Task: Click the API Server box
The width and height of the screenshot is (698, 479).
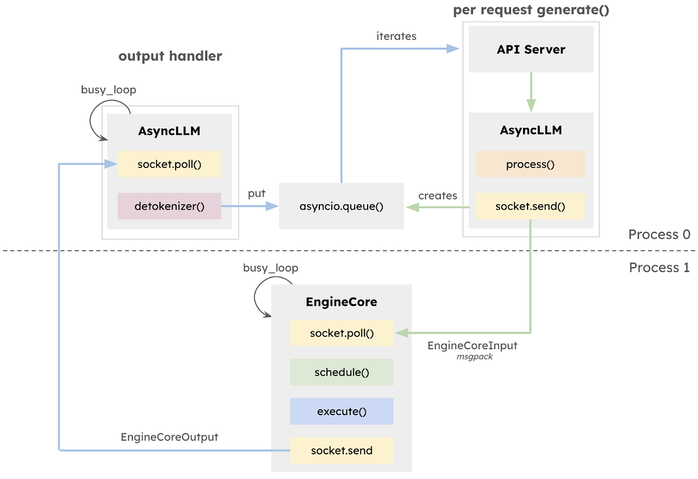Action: (x=530, y=49)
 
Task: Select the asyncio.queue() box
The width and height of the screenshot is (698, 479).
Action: (x=341, y=206)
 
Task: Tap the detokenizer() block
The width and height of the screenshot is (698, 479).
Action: (x=169, y=206)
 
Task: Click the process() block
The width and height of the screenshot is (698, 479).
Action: (x=530, y=165)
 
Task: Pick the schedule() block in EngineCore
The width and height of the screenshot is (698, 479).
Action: (x=342, y=372)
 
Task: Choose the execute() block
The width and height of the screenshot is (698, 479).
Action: (x=342, y=412)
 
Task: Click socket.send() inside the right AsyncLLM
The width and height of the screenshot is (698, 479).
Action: (x=530, y=206)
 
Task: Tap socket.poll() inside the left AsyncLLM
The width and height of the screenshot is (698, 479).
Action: (x=169, y=165)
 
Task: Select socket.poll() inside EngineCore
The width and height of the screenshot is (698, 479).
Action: (x=342, y=333)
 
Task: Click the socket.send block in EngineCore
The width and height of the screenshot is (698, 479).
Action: (x=342, y=451)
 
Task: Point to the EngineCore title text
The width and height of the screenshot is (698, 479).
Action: (x=341, y=302)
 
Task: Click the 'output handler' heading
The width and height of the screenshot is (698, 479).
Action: (x=170, y=56)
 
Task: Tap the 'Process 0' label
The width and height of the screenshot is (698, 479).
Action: (x=659, y=234)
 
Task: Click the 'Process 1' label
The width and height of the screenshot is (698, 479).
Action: (x=659, y=267)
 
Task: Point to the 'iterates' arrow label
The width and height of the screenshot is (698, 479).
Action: (x=396, y=36)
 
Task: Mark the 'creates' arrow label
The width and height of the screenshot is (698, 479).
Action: (x=438, y=195)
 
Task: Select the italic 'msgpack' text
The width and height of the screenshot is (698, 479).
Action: (x=475, y=356)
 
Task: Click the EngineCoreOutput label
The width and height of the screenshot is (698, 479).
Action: (x=169, y=437)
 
